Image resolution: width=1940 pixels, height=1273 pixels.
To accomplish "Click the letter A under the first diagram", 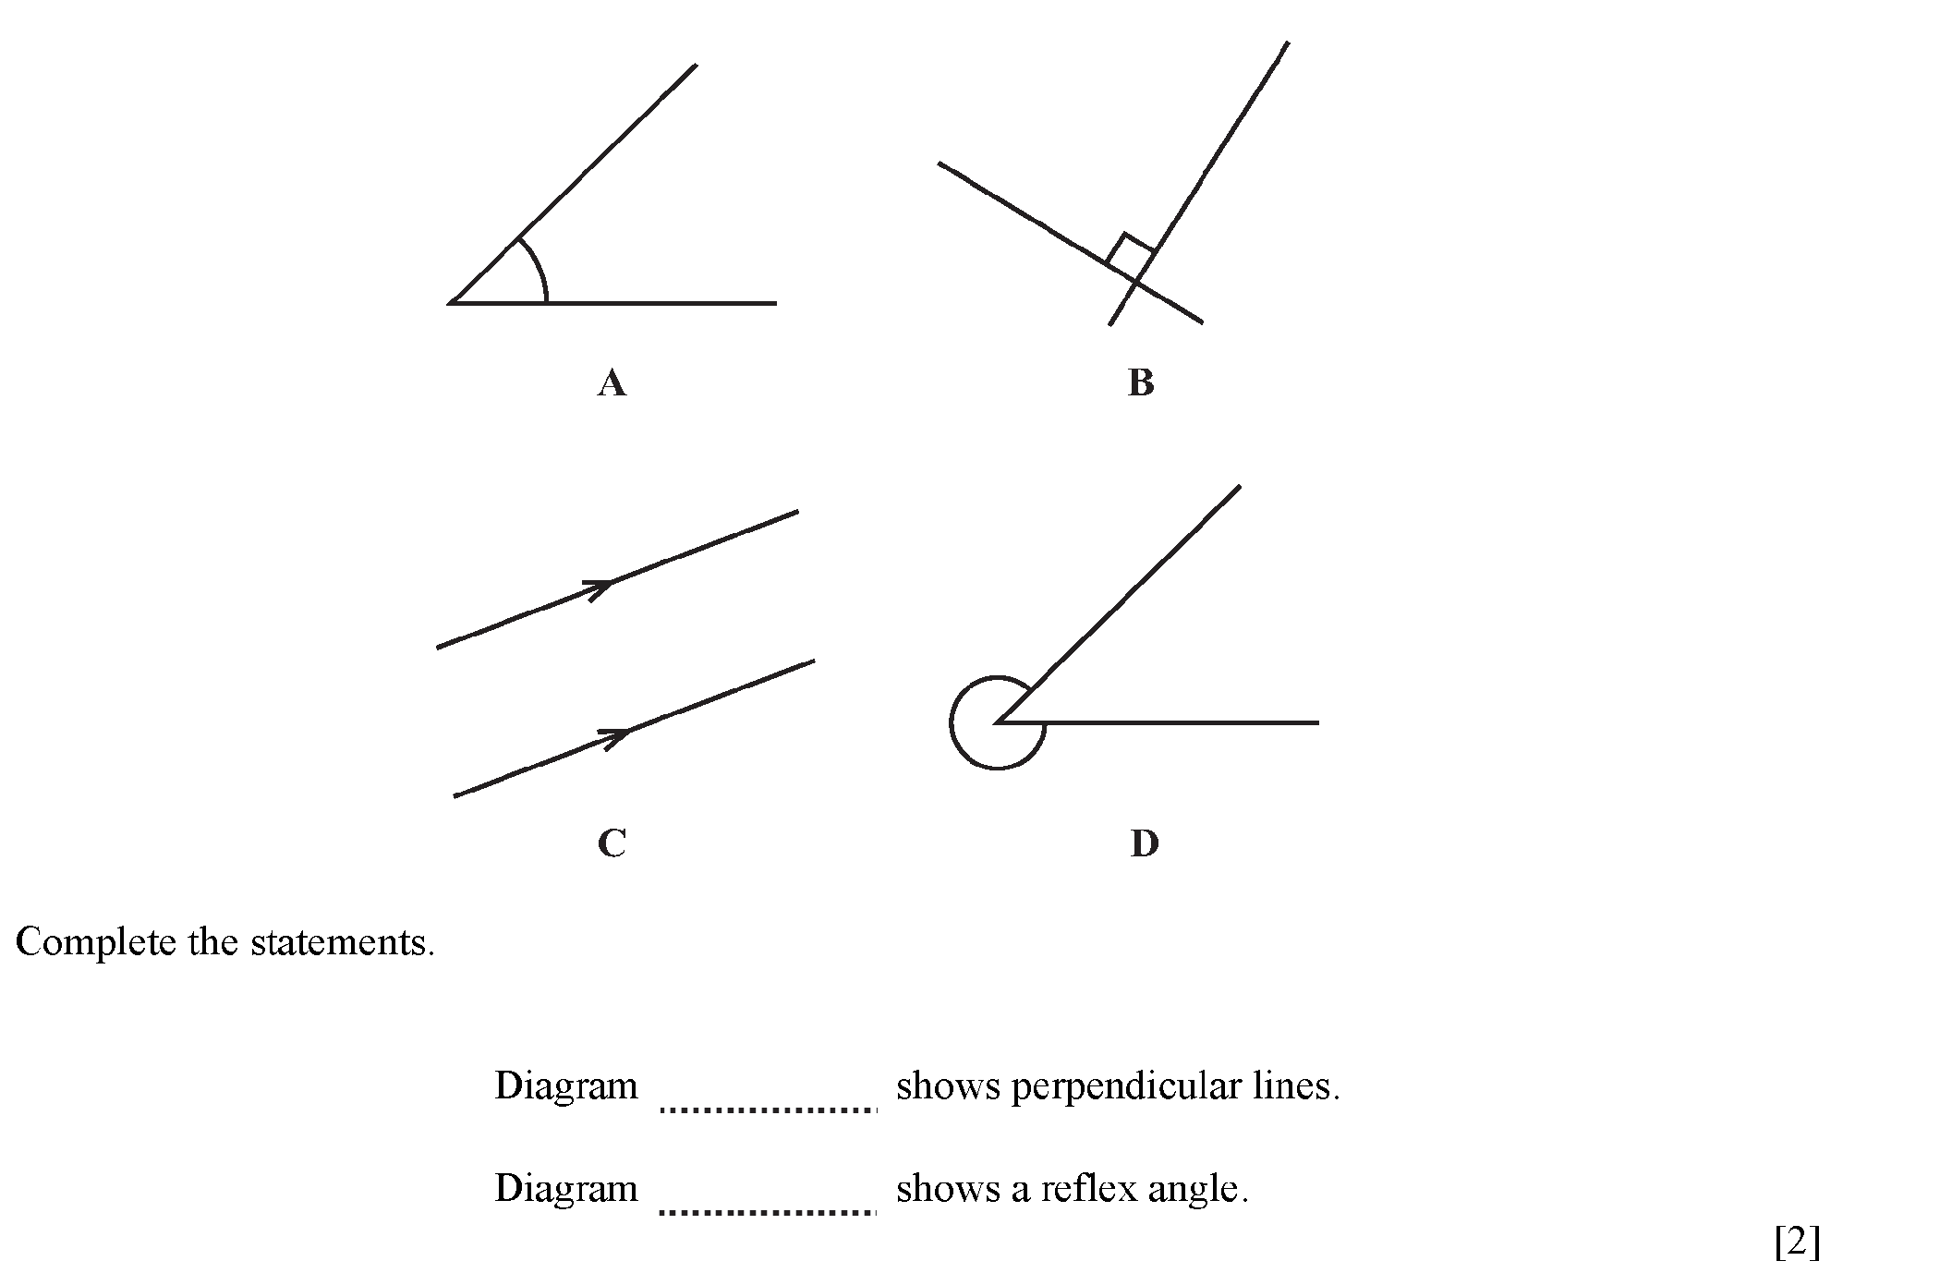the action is [x=612, y=382].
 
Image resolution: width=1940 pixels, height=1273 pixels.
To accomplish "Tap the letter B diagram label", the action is [x=1141, y=382].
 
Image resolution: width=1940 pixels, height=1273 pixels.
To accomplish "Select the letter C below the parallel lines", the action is [x=612, y=843].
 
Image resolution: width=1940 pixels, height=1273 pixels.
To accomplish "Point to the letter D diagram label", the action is [x=1144, y=843].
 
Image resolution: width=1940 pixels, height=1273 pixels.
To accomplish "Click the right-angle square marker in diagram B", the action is [x=1130, y=252].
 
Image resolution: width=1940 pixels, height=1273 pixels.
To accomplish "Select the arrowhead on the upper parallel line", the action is [x=599, y=588].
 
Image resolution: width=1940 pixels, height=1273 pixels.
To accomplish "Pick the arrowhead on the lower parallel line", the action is [x=615, y=736].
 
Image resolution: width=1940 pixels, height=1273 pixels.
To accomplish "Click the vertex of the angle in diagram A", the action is [x=450, y=302].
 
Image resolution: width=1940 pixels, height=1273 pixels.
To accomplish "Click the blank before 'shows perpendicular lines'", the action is [x=768, y=1109].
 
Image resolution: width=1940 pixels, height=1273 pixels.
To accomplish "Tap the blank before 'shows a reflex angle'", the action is [x=768, y=1211].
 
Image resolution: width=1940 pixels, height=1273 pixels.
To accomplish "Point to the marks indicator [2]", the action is [x=1797, y=1243].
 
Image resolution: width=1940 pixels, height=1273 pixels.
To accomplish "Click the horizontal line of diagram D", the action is [x=1158, y=722].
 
